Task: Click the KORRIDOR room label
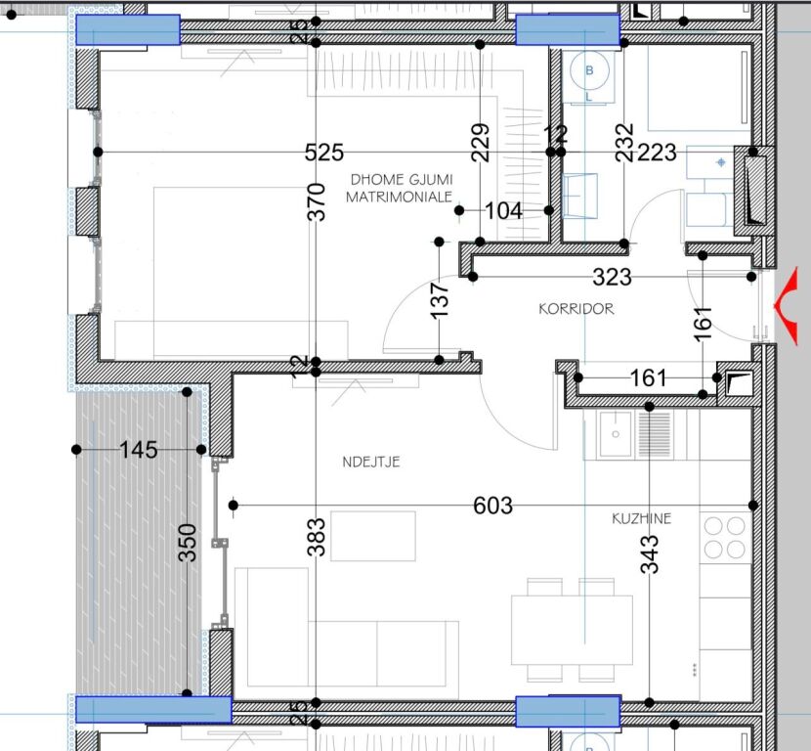[576, 309]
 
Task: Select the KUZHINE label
[642, 519]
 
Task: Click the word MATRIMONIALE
[399, 197]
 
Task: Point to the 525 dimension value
[324, 153]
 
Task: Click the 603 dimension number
[492, 506]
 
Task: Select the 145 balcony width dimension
[138, 450]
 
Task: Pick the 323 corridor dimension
[613, 278]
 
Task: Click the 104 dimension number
[503, 210]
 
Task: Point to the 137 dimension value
[441, 300]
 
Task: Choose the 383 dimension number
[317, 536]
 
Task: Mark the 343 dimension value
[651, 553]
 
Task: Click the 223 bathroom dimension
[657, 153]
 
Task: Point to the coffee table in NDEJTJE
[372, 535]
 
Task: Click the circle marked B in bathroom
[589, 70]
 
